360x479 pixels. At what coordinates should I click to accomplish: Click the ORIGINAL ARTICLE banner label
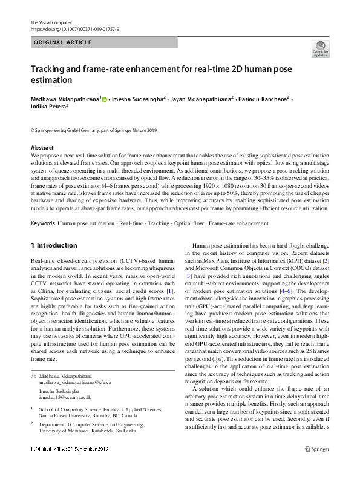point(63,42)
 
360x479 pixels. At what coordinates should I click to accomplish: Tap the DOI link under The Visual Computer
point(74,28)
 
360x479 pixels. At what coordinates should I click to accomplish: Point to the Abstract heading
point(43,148)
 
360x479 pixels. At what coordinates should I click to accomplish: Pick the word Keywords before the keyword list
point(43,223)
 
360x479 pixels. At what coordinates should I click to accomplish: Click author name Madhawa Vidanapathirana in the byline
point(65,99)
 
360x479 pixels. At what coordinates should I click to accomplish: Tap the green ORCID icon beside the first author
point(105,99)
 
